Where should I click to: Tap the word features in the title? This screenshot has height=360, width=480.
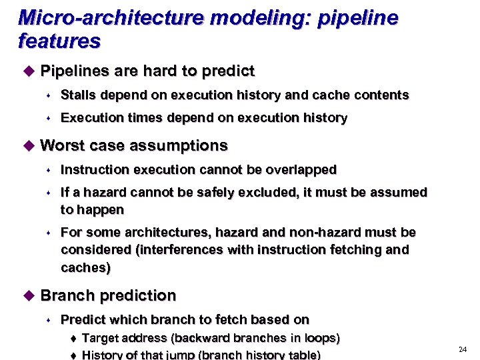[x=59, y=42]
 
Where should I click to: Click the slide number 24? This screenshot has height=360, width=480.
[x=463, y=350]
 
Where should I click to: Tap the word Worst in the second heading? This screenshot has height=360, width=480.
[x=63, y=145]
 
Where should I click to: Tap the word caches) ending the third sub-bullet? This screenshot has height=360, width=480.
[x=85, y=268]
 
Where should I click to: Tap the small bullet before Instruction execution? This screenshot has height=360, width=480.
[x=49, y=171]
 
